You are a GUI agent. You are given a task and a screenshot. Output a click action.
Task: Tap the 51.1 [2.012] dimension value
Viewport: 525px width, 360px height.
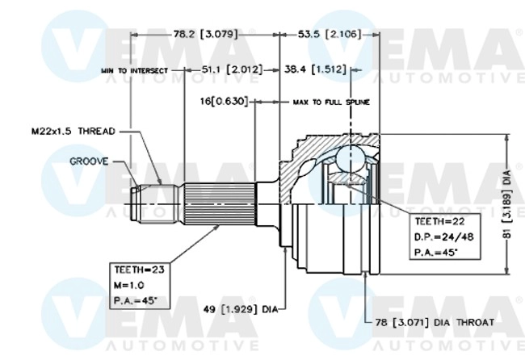click(232, 70)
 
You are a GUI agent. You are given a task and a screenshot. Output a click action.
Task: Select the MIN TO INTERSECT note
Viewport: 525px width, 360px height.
click(134, 71)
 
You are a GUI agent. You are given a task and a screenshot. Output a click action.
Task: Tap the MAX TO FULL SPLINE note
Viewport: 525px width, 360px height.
click(331, 103)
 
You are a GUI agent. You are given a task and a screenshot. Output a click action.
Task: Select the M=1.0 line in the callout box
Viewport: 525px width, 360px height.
click(129, 286)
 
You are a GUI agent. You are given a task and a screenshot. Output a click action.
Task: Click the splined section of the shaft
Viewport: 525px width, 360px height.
click(218, 203)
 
